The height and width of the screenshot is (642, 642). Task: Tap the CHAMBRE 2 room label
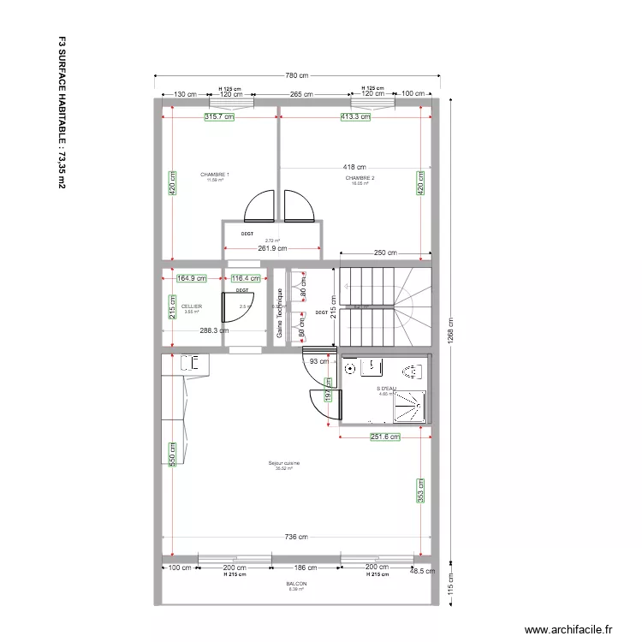[x=360, y=178]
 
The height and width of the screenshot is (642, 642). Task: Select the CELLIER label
[x=192, y=306]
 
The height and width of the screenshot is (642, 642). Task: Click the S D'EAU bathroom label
[x=386, y=388]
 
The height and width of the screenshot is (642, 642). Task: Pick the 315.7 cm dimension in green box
[x=219, y=117]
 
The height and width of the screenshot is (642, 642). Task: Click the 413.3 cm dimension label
[x=355, y=117]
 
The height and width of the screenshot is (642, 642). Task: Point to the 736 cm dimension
[x=296, y=538]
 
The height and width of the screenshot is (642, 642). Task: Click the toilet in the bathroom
[x=411, y=371]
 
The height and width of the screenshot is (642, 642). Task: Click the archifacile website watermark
[x=568, y=630]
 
